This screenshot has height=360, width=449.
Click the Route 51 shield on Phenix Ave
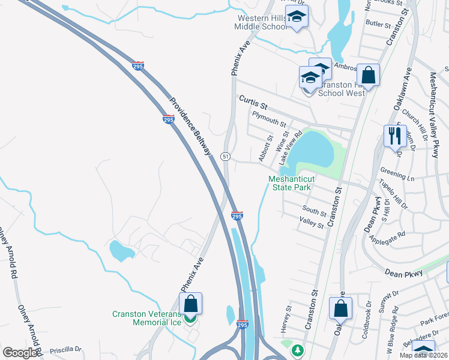click(x=225, y=156)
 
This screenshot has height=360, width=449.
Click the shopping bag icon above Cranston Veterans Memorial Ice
click(x=190, y=304)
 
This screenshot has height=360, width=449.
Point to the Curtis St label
click(x=252, y=101)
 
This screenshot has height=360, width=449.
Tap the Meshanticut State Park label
click(x=289, y=182)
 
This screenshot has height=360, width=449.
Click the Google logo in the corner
click(x=20, y=353)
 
